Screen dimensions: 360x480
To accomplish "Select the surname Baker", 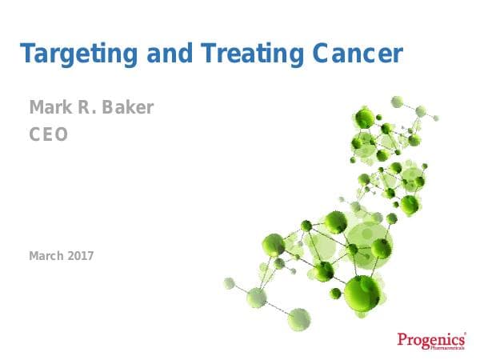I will pyautogui.click(x=127, y=107).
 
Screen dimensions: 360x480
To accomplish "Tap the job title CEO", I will pyautogui.click(x=48, y=134).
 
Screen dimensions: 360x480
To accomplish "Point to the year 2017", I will pyautogui.click(x=81, y=256).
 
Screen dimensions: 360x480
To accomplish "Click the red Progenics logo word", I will pyautogui.click(x=430, y=339).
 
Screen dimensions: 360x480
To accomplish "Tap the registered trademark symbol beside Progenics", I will pyautogui.click(x=464, y=333).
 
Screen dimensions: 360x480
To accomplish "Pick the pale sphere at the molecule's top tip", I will pyautogui.click(x=397, y=102).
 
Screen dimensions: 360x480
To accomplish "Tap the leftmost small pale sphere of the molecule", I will pyautogui.click(x=230, y=282).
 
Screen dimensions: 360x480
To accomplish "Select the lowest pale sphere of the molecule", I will pyautogui.click(x=298, y=318).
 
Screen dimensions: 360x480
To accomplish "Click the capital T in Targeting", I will pyautogui.click(x=27, y=54).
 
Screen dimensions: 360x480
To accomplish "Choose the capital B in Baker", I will pyautogui.click(x=109, y=107).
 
